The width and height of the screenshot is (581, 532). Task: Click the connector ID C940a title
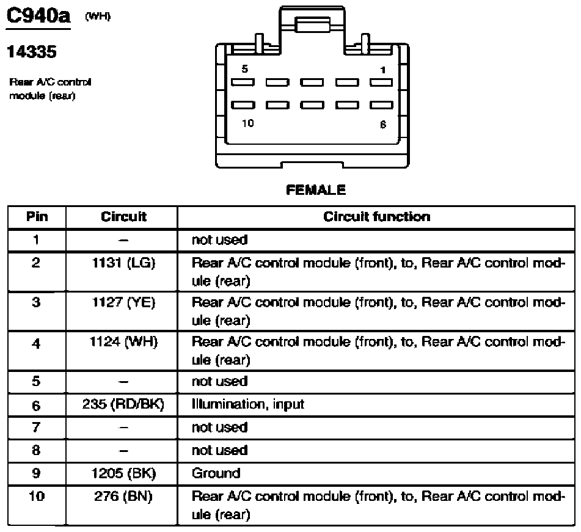click(38, 16)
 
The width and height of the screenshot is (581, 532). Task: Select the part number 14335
click(32, 51)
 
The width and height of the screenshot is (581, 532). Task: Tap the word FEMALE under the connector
click(316, 190)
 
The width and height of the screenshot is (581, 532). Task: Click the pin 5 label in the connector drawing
click(244, 69)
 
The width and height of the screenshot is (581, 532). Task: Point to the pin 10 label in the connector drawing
click(248, 123)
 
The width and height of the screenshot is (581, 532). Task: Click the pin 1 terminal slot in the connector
click(381, 82)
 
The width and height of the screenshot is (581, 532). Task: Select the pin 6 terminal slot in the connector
click(381, 105)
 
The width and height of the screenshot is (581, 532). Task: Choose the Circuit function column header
click(376, 217)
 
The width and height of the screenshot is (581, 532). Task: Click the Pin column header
click(37, 217)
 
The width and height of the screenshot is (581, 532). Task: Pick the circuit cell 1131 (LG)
click(123, 263)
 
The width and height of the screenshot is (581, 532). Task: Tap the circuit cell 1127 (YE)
click(123, 303)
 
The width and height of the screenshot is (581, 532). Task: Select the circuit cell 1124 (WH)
click(123, 341)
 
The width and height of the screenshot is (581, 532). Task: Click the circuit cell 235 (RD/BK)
click(123, 404)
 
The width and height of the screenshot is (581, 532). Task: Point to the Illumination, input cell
click(248, 404)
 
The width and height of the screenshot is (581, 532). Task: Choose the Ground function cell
click(216, 473)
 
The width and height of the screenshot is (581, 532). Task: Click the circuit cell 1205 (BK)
click(123, 473)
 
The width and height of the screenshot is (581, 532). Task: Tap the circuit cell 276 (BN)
click(123, 497)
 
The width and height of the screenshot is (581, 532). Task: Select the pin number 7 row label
click(36, 427)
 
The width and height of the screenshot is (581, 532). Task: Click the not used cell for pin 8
click(219, 451)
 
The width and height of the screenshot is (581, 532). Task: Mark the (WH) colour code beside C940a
click(98, 16)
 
